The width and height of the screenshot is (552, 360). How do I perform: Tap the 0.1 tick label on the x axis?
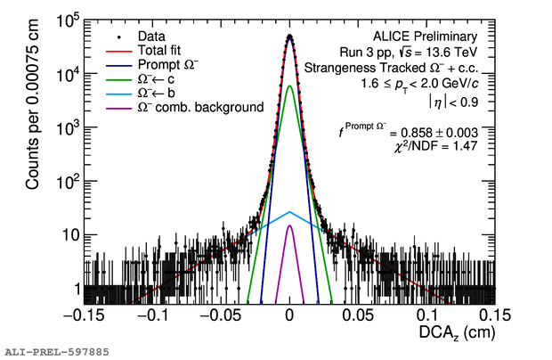click(x=426, y=315)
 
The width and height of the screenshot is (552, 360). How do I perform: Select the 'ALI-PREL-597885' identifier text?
click(x=56, y=352)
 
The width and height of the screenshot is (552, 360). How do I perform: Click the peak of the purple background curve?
click(x=290, y=225)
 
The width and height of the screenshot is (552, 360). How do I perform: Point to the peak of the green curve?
click(x=290, y=86)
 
